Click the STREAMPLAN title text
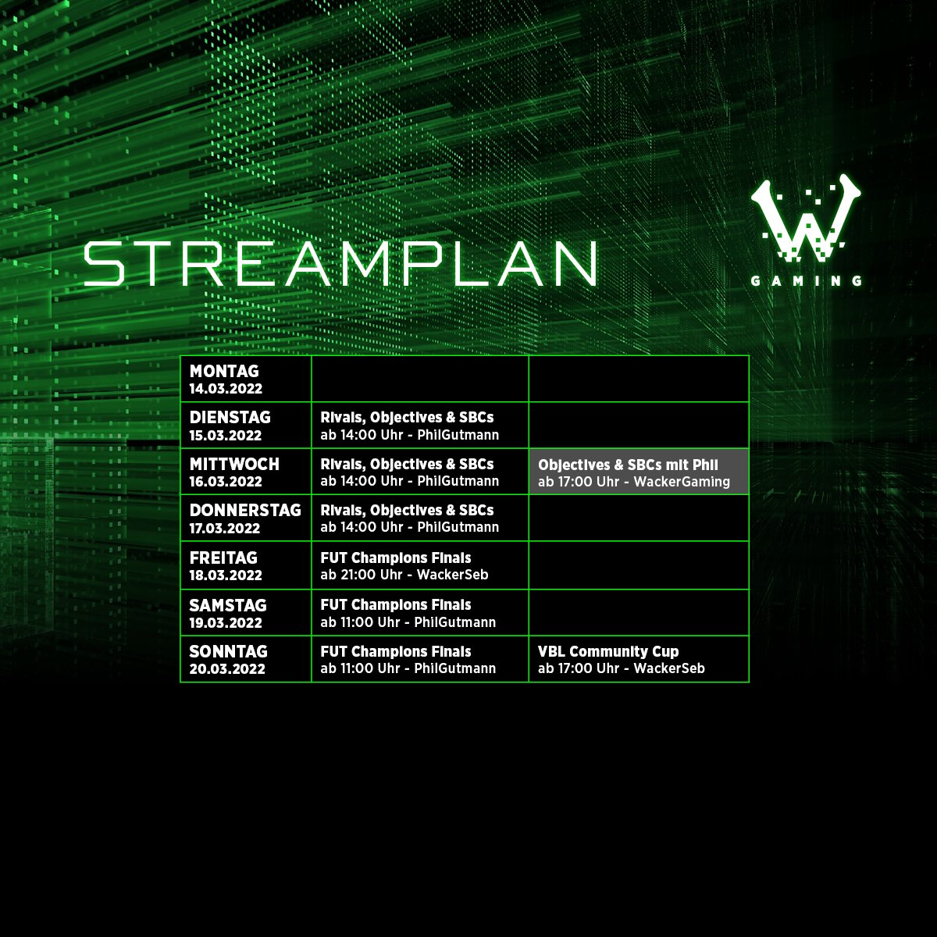click(x=340, y=263)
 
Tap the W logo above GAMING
click(x=806, y=219)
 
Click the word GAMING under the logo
click(x=806, y=281)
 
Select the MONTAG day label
click(x=224, y=372)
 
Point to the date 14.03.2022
click(x=226, y=389)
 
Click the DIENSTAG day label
click(x=230, y=418)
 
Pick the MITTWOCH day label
click(x=234, y=464)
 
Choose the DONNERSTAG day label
click(x=245, y=510)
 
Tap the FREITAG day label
click(x=223, y=558)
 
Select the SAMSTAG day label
click(x=228, y=605)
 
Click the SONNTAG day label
click(x=228, y=651)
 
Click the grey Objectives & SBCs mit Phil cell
click(x=638, y=472)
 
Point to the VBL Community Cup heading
click(x=608, y=651)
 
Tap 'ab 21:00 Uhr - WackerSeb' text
click(x=404, y=575)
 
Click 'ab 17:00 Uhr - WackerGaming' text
click(x=633, y=482)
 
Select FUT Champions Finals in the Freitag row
click(x=396, y=558)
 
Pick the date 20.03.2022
click(x=226, y=669)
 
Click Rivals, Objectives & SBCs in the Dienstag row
click(x=407, y=418)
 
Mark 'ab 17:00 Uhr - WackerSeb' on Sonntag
click(x=621, y=668)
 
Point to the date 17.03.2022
click(x=224, y=529)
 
